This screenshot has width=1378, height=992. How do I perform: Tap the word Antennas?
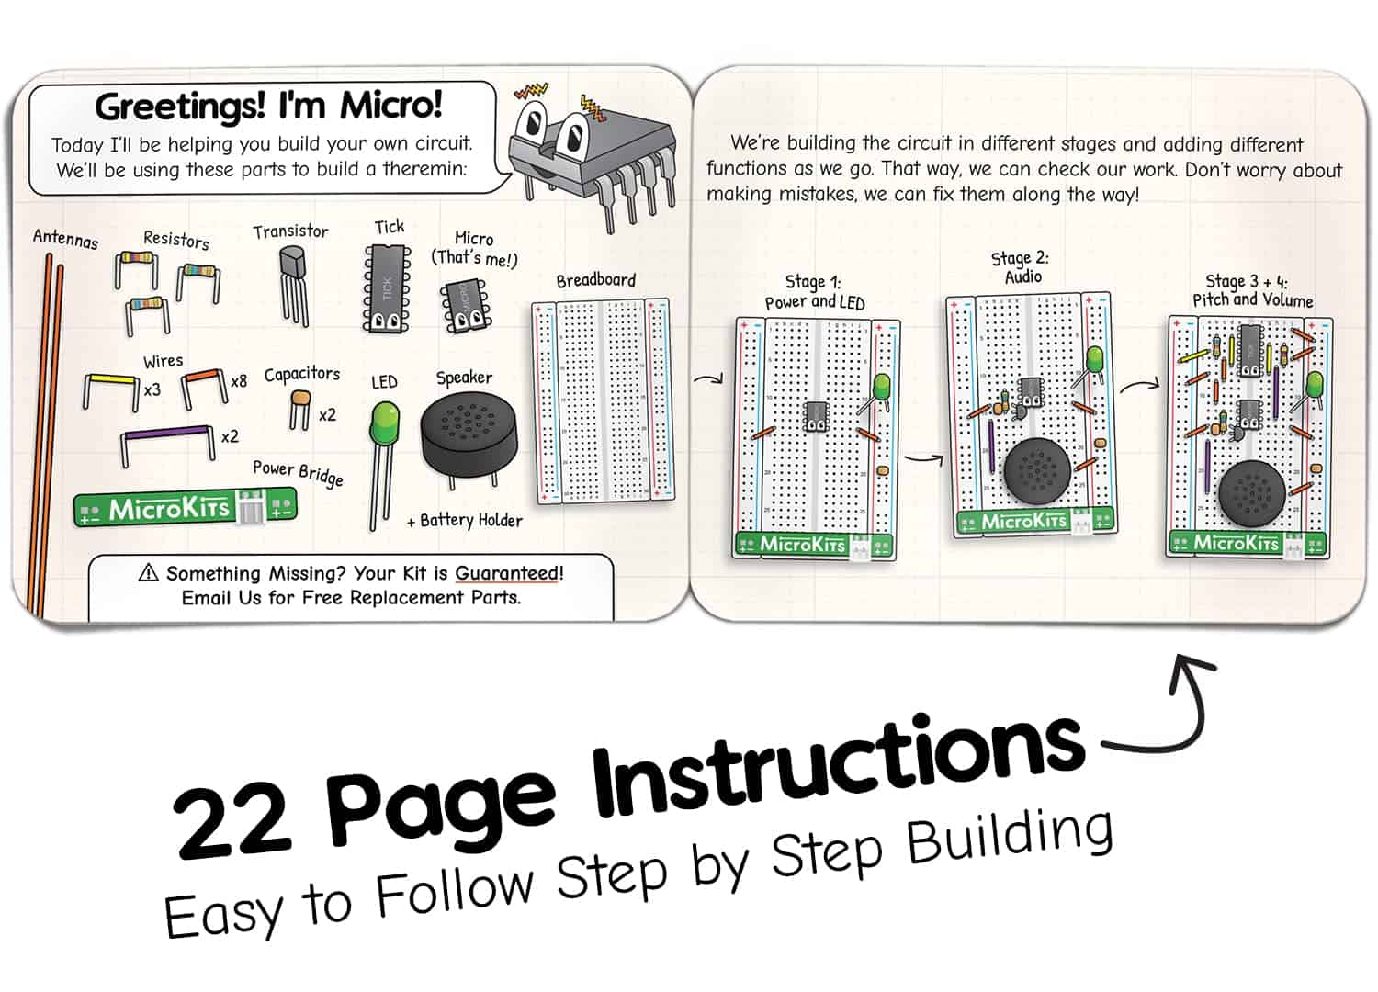(65, 239)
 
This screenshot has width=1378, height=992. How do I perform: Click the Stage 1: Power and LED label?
(814, 292)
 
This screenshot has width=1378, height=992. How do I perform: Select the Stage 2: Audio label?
(1021, 267)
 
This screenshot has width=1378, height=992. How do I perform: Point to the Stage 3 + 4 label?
(1252, 290)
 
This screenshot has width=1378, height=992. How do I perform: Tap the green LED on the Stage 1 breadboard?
(882, 386)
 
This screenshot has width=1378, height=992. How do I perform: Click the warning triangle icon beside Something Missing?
(148, 573)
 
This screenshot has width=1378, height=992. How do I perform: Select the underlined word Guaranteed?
(508, 573)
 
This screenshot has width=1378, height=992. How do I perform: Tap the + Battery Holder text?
(465, 521)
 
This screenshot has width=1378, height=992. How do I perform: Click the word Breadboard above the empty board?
(595, 280)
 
